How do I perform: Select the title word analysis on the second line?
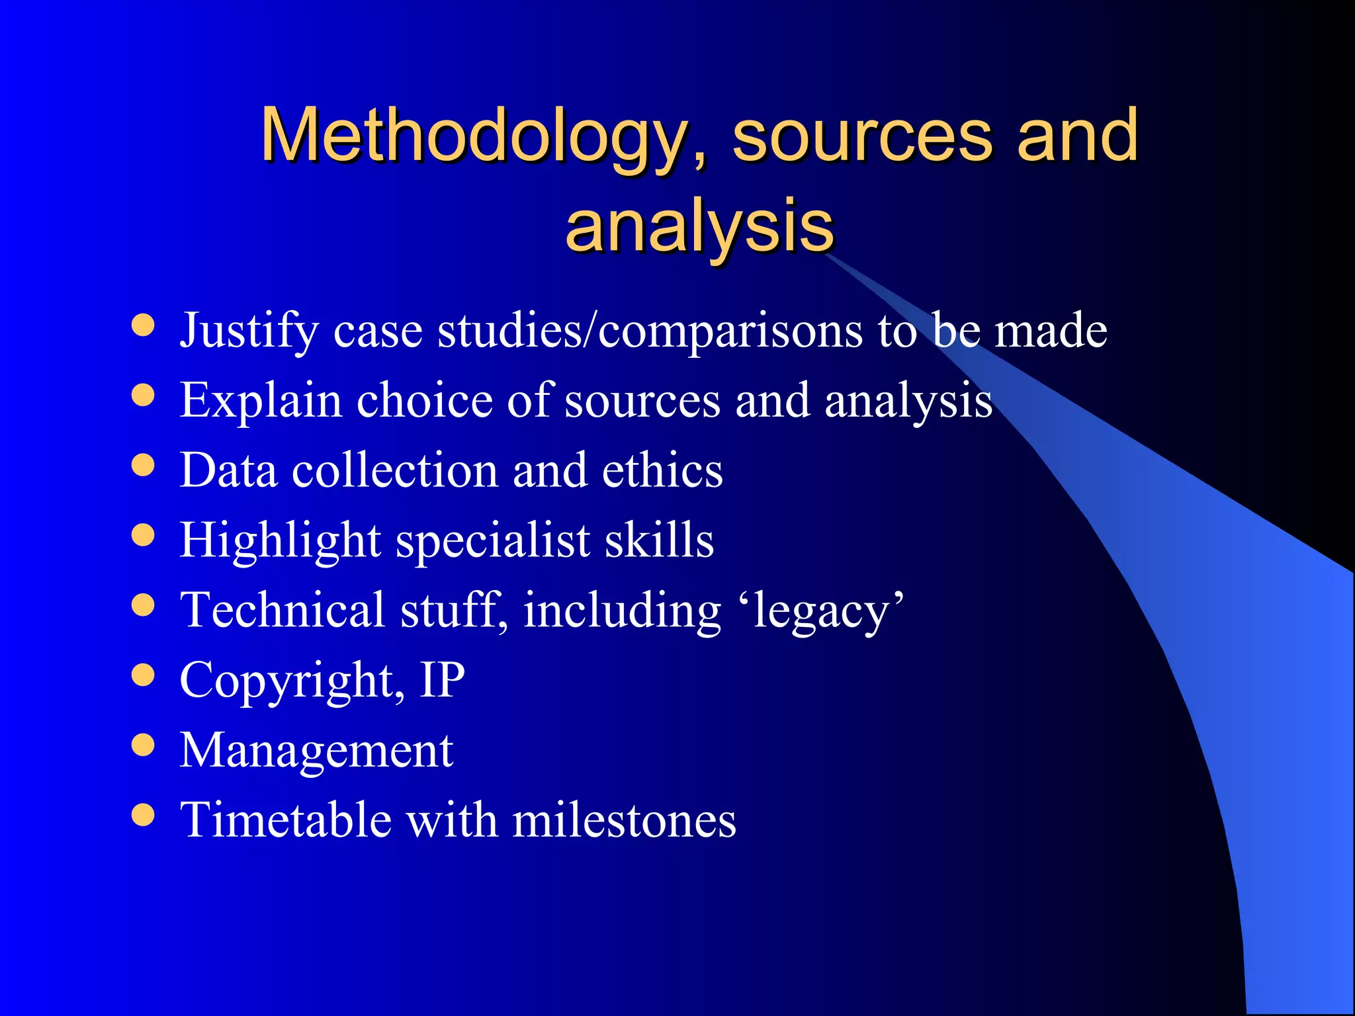(699, 226)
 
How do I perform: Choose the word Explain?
(261, 400)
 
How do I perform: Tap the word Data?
(229, 470)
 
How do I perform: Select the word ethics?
(662, 470)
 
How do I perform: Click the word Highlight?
(281, 540)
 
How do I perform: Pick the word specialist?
(493, 540)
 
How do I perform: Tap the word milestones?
(624, 820)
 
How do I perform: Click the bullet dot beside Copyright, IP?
(143, 675)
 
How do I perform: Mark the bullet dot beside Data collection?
(143, 465)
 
